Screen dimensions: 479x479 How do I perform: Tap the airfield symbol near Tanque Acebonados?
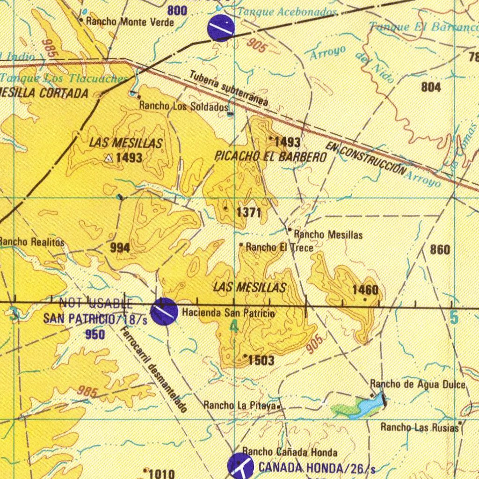[220, 27]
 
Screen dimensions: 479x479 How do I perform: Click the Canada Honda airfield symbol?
[240, 465]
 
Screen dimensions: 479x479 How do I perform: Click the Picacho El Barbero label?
[270, 157]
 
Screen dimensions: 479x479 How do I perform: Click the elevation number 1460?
[365, 290]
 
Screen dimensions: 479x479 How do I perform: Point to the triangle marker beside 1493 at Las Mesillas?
[109, 159]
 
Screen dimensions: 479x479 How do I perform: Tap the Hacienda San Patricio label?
[228, 312]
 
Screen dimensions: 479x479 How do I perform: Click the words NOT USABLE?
[96, 303]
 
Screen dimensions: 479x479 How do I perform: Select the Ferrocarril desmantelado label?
[154, 370]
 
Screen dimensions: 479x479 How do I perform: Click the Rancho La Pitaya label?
[240, 405]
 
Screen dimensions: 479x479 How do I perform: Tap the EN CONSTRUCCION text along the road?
[367, 159]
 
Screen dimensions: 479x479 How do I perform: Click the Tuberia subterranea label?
[229, 88]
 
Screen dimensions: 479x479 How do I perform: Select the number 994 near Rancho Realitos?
[120, 248]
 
